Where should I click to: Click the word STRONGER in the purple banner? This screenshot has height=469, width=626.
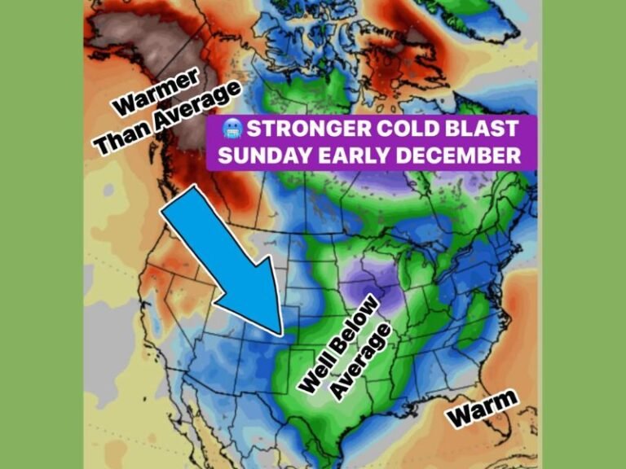click(x=293, y=129)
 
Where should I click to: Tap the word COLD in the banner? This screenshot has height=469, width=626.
click(x=389, y=129)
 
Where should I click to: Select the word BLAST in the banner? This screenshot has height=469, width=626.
click(x=473, y=129)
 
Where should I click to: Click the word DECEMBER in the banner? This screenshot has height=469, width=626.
click(x=456, y=156)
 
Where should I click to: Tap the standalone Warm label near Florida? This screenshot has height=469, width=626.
click(x=483, y=407)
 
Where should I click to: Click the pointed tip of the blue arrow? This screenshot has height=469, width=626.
click(x=281, y=334)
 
